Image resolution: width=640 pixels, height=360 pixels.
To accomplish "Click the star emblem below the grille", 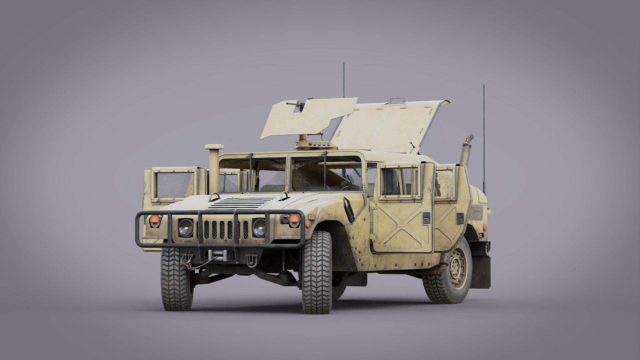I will pos(226,240).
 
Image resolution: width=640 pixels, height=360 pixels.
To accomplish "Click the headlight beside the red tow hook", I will pos(186,228).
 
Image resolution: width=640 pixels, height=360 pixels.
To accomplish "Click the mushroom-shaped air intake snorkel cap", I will pos(214,147).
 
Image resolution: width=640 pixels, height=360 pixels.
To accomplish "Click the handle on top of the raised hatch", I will pos(397,100).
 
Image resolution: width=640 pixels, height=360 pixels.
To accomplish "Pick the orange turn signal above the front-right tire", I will pos(294,219).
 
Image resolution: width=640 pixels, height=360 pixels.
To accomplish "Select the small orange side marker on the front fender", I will pos(311,218).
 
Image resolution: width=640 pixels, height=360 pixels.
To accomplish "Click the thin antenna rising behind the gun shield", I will pos(344,80).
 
